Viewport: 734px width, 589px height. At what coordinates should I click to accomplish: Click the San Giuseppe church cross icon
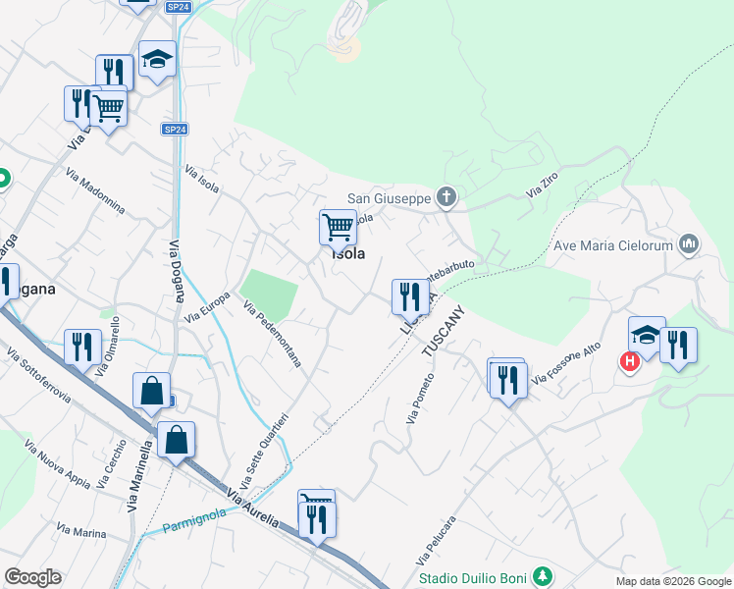point(446,198)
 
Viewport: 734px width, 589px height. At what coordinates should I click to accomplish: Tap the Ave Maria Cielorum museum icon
point(689,244)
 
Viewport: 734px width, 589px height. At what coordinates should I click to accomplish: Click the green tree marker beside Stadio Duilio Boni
point(541,577)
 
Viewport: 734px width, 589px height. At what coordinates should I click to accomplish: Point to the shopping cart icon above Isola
point(338,227)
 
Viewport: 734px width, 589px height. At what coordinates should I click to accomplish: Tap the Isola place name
point(347,253)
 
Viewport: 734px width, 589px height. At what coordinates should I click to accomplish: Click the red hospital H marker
point(629,362)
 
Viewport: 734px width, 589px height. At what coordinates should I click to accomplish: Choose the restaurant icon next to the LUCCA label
point(409,295)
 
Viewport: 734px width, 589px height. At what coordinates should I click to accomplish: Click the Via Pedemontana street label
point(272,335)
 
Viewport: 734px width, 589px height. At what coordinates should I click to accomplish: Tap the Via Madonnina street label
point(95,192)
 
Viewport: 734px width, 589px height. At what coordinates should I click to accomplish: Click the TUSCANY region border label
point(442,335)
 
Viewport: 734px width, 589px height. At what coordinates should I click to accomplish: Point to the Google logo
point(32,577)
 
